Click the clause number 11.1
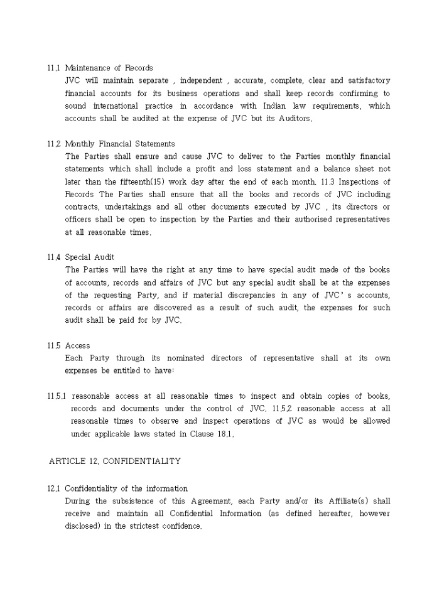coord(53,68)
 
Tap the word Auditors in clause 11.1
coord(288,119)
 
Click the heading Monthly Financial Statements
coord(120,144)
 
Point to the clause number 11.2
coord(53,144)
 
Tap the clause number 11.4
coord(53,257)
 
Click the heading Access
coord(77,345)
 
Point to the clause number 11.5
coord(53,345)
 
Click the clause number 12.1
coord(53,488)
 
